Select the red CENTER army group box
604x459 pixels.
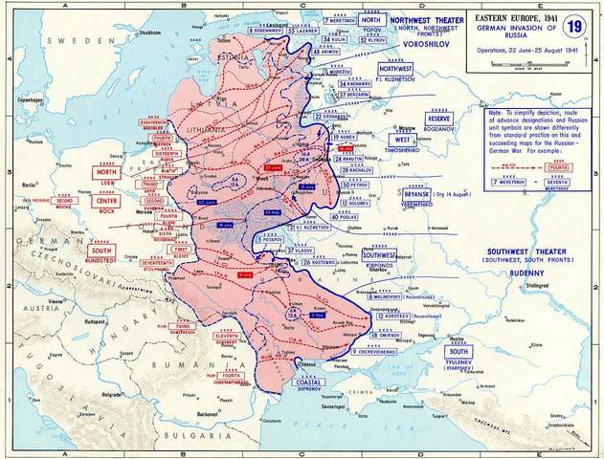point(105,201)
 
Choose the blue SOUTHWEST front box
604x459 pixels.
point(379,256)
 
